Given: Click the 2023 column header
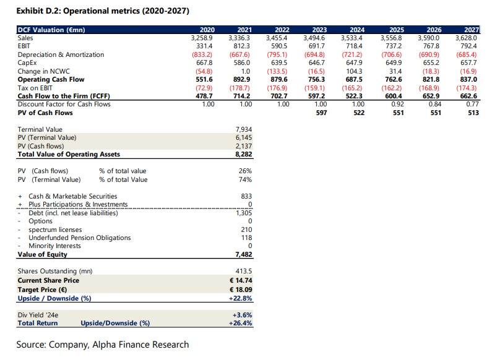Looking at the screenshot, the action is click(319, 30).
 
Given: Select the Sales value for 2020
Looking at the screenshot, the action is click(202, 38).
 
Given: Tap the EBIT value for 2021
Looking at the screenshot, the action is click(241, 46).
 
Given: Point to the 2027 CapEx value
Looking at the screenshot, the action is click(468, 62).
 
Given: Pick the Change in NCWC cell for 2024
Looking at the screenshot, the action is click(354, 71).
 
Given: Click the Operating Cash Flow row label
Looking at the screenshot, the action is click(51, 79).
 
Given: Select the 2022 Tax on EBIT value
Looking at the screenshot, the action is click(277, 88).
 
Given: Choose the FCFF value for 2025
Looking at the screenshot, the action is click(393, 96).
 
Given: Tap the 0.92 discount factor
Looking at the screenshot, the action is click(397, 105).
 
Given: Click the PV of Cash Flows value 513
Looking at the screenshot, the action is click(473, 113).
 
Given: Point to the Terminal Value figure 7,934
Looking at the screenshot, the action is click(244, 129).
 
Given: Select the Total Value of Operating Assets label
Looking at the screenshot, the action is click(69, 154).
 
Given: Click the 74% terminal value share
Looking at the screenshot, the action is click(246, 179).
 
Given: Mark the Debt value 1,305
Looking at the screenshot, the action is click(244, 213).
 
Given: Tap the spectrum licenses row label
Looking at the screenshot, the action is click(55, 229).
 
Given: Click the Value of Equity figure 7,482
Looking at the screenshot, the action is click(244, 254).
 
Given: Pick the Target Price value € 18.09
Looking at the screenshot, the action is click(241, 289).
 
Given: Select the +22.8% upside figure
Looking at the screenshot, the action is click(240, 298).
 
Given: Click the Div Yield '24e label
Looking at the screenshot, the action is click(38, 315).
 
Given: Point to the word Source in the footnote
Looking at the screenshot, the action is click(31, 345).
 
